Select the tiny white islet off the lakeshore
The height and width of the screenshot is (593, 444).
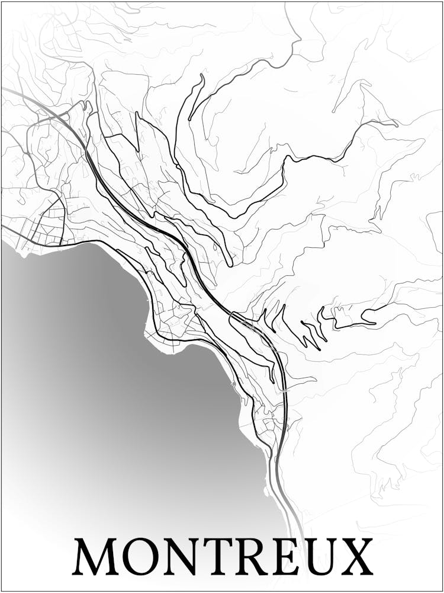click(266, 491)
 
